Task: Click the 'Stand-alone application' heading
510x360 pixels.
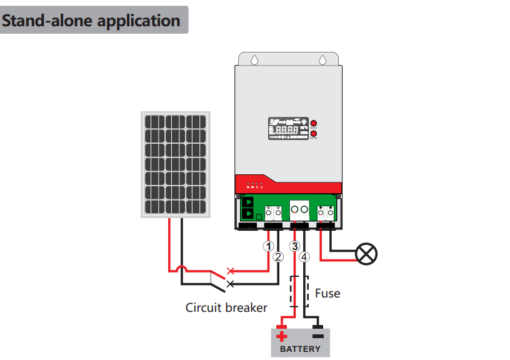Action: click(x=91, y=20)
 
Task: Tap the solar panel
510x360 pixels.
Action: click(x=176, y=164)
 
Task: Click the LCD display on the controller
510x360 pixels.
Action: click(x=288, y=129)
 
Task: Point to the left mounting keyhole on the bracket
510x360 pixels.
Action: click(x=254, y=61)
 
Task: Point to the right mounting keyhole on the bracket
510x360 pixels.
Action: click(x=322, y=61)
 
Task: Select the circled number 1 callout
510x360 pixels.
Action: click(x=269, y=245)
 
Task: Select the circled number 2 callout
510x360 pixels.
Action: click(x=278, y=256)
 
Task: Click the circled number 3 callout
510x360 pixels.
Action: click(x=295, y=245)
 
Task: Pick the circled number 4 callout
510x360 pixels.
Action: click(x=304, y=256)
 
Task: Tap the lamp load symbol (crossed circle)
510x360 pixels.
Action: click(x=366, y=254)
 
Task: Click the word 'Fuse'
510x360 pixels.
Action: click(x=327, y=292)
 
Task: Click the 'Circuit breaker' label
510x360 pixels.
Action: click(x=226, y=307)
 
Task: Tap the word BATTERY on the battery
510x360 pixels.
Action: click(x=300, y=348)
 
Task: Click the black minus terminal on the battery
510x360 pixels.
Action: click(x=318, y=336)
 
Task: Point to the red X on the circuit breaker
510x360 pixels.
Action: click(x=231, y=271)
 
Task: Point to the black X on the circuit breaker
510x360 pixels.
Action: click(x=231, y=284)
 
